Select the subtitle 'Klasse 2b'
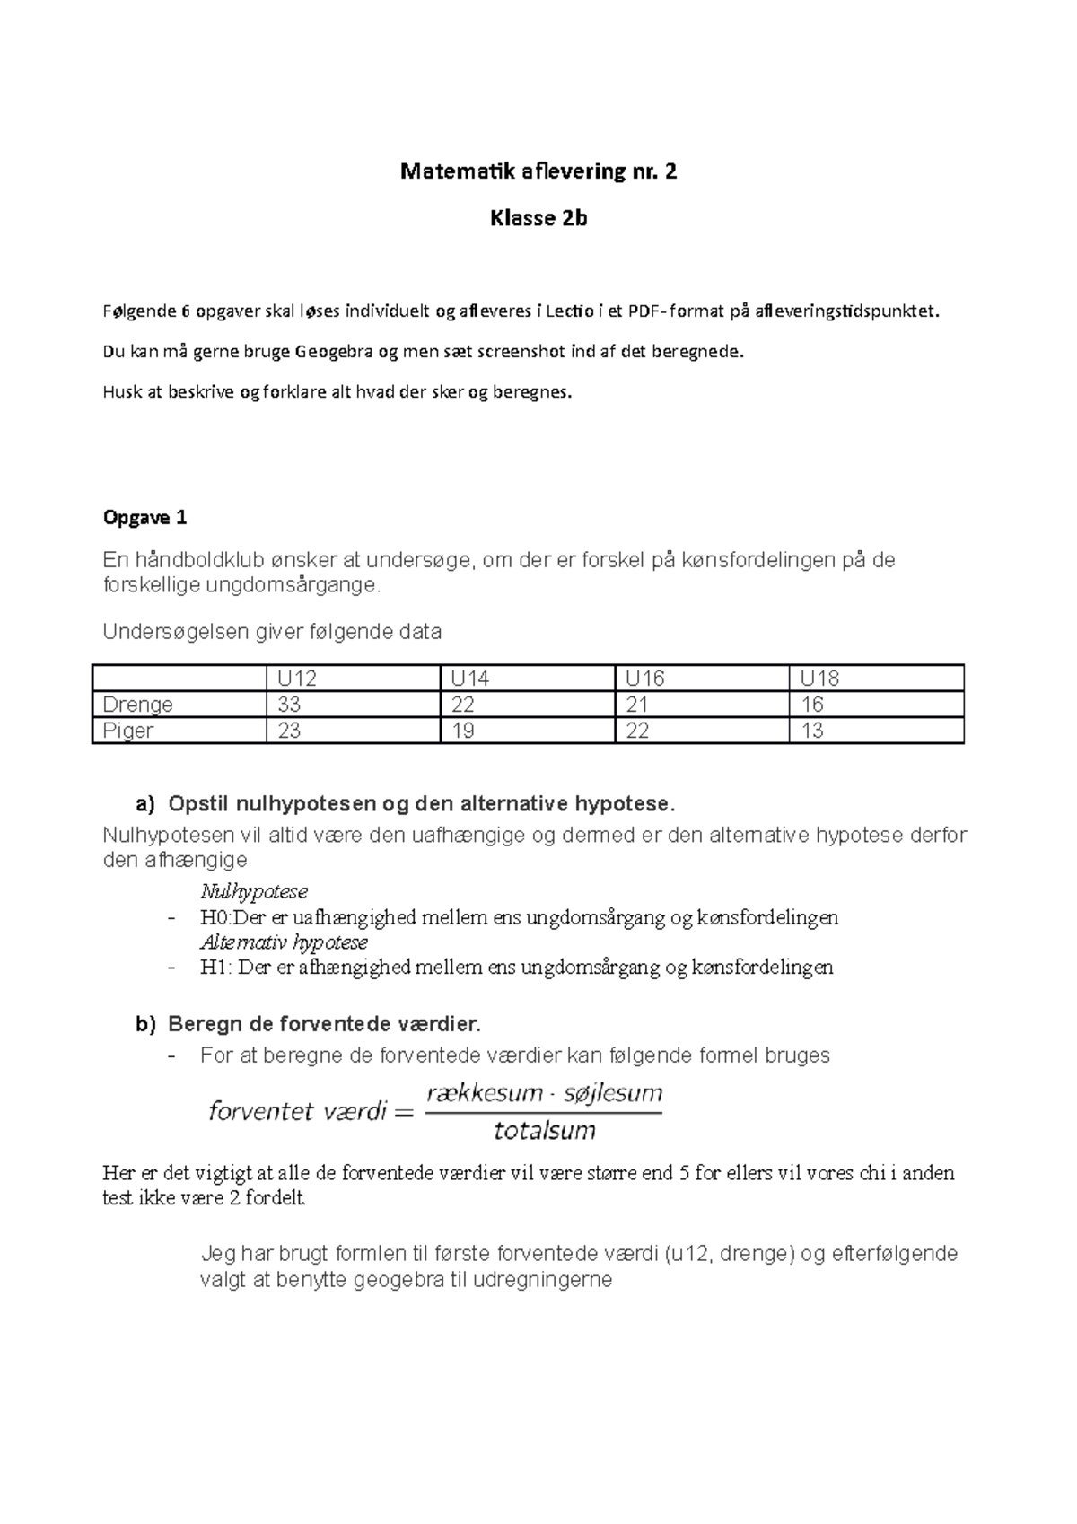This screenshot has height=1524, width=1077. pos(538,218)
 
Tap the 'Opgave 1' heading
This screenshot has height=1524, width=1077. pos(145,518)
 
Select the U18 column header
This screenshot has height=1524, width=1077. pos(819,678)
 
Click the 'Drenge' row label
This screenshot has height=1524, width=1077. pos(137,705)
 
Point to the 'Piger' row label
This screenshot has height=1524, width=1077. pos(128,731)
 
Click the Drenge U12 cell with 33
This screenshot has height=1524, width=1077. pos(289,705)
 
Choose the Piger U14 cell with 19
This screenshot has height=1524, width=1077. pos(463,731)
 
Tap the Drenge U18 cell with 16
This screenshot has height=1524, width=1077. pos(812,705)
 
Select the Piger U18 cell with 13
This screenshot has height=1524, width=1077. pos(812,731)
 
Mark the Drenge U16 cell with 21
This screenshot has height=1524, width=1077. pos(637,705)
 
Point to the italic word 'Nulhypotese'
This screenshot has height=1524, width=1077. pos(254,891)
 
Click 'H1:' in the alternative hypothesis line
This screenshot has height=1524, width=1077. pos(216,968)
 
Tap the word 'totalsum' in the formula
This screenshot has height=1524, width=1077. pos(545,1131)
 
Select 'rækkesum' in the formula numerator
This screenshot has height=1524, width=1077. pos(485,1093)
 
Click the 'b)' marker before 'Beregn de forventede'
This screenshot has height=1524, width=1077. pos(145,1024)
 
